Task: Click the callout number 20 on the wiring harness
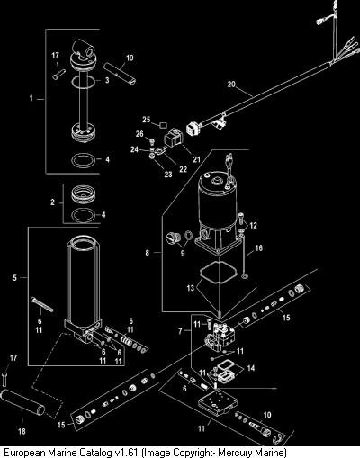point(231,85)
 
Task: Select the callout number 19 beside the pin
point(130,58)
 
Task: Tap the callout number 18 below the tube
point(22,431)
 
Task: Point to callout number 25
point(146,120)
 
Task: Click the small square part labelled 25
point(163,124)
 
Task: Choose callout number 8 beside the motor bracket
point(147,253)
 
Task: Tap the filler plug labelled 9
point(172,238)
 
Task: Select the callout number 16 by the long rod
point(258,248)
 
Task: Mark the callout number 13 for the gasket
point(191,288)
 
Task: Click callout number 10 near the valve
point(267,415)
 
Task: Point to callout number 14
point(251,368)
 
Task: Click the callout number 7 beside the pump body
point(180,331)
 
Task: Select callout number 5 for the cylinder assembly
point(14,278)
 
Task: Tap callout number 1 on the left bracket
point(31,98)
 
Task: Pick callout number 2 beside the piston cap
point(52,202)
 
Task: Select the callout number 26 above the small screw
point(139,134)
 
